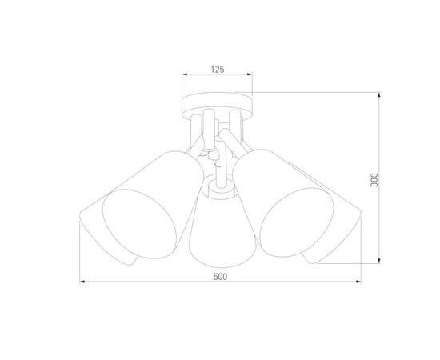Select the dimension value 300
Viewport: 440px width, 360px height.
[386, 180]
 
